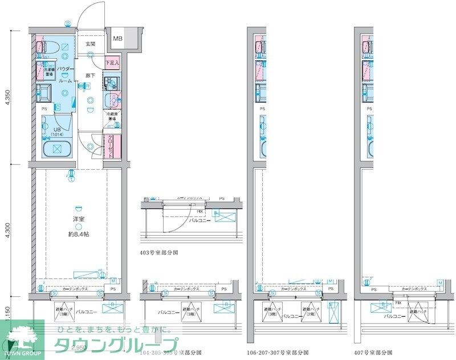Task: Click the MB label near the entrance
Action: [117, 39]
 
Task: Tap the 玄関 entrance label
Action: [91, 44]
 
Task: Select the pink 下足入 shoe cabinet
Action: [111, 62]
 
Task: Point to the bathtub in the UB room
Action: [57, 149]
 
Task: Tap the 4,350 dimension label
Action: [7, 97]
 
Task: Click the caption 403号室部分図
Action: [159, 252]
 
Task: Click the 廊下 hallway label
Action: [90, 75]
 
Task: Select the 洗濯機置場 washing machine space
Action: [46, 72]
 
